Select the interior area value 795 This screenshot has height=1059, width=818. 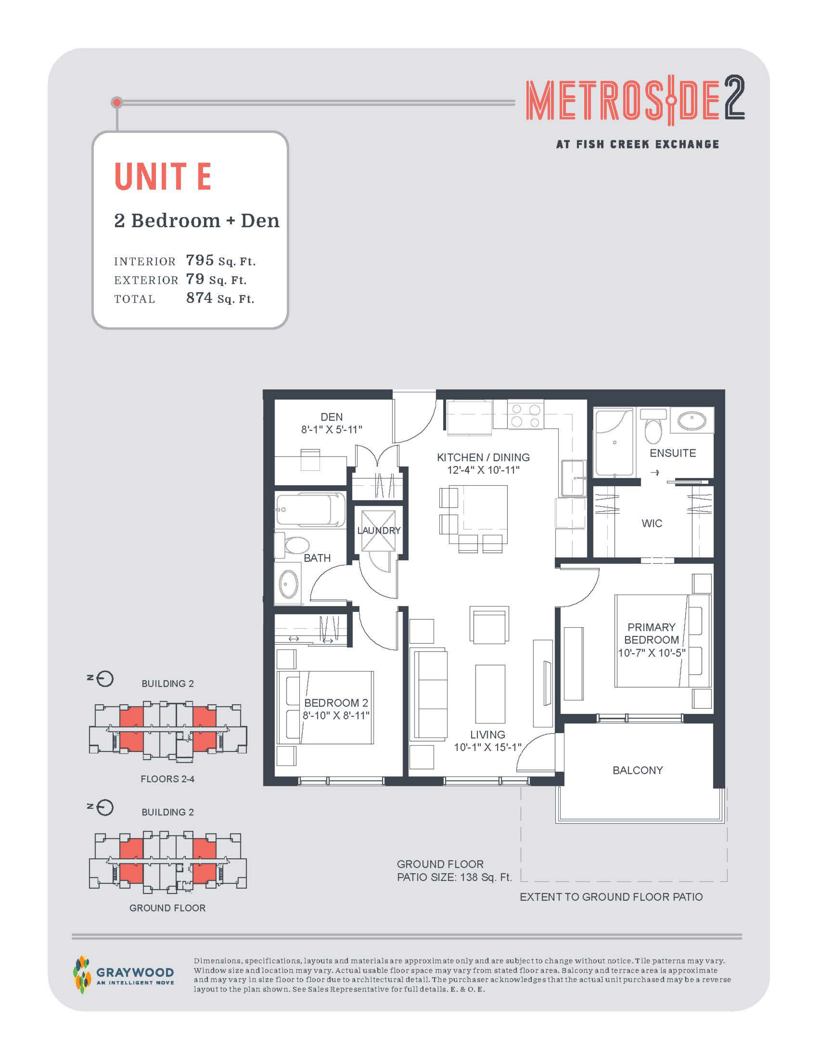(200, 260)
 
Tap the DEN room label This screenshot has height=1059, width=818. (332, 417)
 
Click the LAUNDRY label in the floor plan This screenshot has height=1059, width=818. (379, 531)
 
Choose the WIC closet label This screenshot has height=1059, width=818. (652, 523)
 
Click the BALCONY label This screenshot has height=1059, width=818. (638, 770)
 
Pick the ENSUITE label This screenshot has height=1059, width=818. (673, 453)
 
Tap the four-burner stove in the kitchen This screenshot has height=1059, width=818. (525, 415)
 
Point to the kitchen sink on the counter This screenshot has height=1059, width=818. (573, 478)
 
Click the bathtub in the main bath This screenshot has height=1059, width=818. (310, 509)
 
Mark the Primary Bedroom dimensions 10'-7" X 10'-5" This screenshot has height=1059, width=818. (651, 653)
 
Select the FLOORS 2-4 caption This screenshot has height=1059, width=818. (168, 779)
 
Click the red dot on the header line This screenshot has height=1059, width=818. (117, 102)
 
